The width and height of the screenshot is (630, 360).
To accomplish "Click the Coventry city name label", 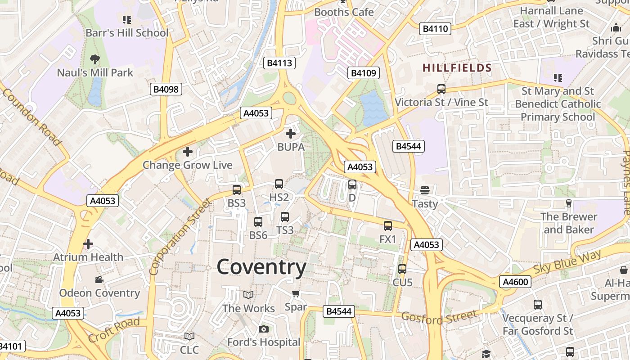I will pyautogui.click(x=261, y=267).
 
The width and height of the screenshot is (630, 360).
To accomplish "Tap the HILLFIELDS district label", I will pyautogui.click(x=457, y=68).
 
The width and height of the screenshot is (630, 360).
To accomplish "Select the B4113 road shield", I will pyautogui.click(x=279, y=63).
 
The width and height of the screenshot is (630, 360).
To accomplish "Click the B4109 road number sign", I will pyautogui.click(x=364, y=73).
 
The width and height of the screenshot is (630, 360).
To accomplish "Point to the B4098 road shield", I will pyautogui.click(x=166, y=89).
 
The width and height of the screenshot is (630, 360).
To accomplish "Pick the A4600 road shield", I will pyautogui.click(x=515, y=282).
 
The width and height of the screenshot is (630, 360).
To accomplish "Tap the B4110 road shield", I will pyautogui.click(x=435, y=29).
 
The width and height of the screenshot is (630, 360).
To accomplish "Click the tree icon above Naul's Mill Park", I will pyautogui.click(x=95, y=59).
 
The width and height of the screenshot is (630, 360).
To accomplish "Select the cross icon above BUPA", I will pyautogui.click(x=291, y=133).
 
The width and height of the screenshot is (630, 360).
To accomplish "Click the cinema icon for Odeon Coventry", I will pyautogui.click(x=99, y=280).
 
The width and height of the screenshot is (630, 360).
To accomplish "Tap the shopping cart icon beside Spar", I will pyautogui.click(x=296, y=294).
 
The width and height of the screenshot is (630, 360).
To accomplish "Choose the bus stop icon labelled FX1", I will pyautogui.click(x=388, y=226).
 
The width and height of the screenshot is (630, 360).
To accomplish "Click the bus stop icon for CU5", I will pyautogui.click(x=402, y=269).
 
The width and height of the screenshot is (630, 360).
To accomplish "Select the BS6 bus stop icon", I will pyautogui.click(x=258, y=221).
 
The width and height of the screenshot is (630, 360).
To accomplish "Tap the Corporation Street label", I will pyautogui.click(x=180, y=237).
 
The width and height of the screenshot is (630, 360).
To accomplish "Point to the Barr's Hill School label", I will pyautogui.click(x=127, y=33).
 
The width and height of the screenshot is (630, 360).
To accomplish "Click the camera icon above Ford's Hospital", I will pyautogui.click(x=264, y=329).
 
